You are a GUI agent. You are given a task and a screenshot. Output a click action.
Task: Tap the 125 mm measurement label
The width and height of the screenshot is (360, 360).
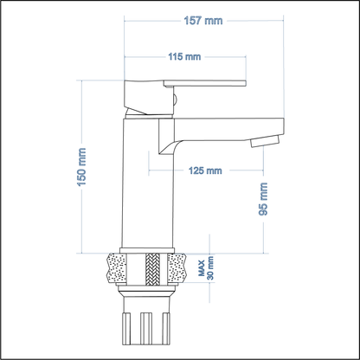point(205,170)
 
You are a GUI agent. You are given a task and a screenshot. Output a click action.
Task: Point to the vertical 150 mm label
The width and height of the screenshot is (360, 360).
point(83,166)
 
